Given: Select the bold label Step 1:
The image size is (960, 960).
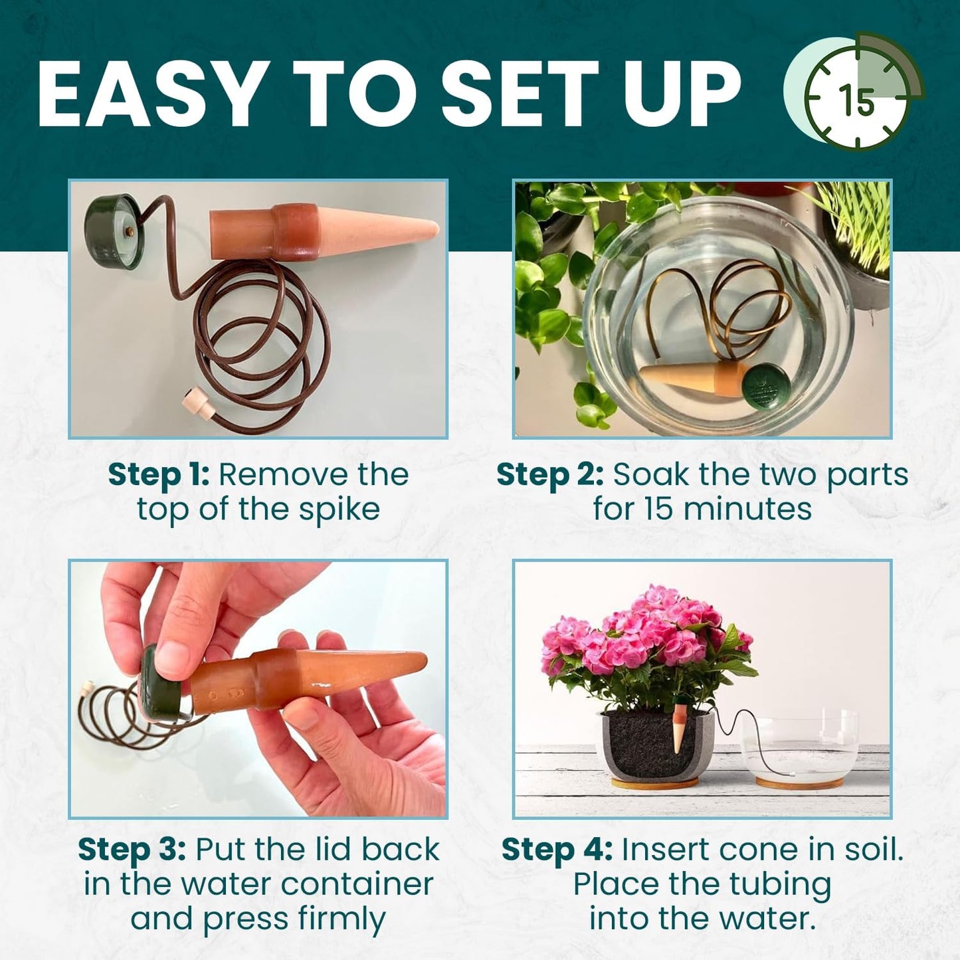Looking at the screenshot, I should pyautogui.click(x=158, y=475).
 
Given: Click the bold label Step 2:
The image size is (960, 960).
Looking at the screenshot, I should pyautogui.click(x=549, y=475).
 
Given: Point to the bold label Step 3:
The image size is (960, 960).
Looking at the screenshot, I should pyautogui.click(x=132, y=850).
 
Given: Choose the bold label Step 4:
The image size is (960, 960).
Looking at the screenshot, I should pyautogui.click(x=555, y=850).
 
